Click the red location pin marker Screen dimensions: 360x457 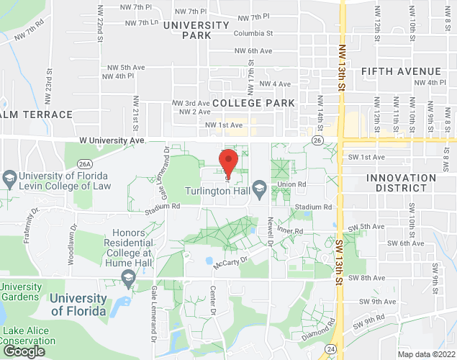(228, 162)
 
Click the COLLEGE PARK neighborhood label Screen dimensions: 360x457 (253, 103)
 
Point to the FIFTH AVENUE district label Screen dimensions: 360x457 (401, 71)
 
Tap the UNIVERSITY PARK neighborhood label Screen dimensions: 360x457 (196, 30)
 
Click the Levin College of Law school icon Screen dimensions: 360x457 (9, 177)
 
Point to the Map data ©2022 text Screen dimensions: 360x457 (426, 354)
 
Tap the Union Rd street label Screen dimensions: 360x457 (292, 185)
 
